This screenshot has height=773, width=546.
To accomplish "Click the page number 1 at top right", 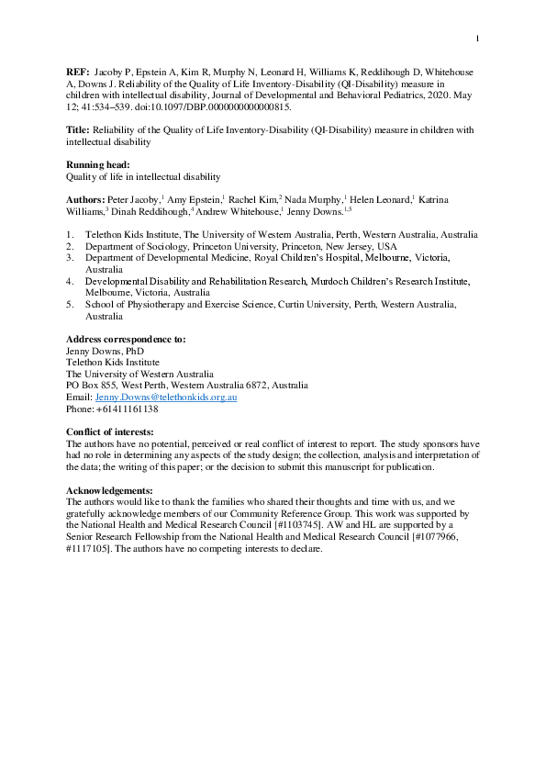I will (478, 38).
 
